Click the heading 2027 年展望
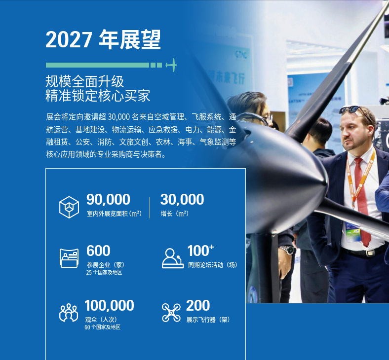tap(103, 39)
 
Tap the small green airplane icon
tap(171, 65)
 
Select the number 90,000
tap(108, 199)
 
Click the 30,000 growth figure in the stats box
tap(182, 199)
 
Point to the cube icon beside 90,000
tap(69, 207)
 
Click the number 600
tap(98, 251)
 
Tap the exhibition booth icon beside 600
tap(69, 258)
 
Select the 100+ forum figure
tap(200, 250)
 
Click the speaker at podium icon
tap(173, 258)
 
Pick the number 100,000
tap(109, 305)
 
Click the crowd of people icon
tap(69, 313)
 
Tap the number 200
tap(198, 305)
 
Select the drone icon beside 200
tap(171, 313)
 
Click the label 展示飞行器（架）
tap(208, 320)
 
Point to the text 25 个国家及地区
tap(104, 273)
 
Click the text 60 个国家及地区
tap(103, 327)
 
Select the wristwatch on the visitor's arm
tap(287, 250)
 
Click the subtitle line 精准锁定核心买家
tap(98, 96)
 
